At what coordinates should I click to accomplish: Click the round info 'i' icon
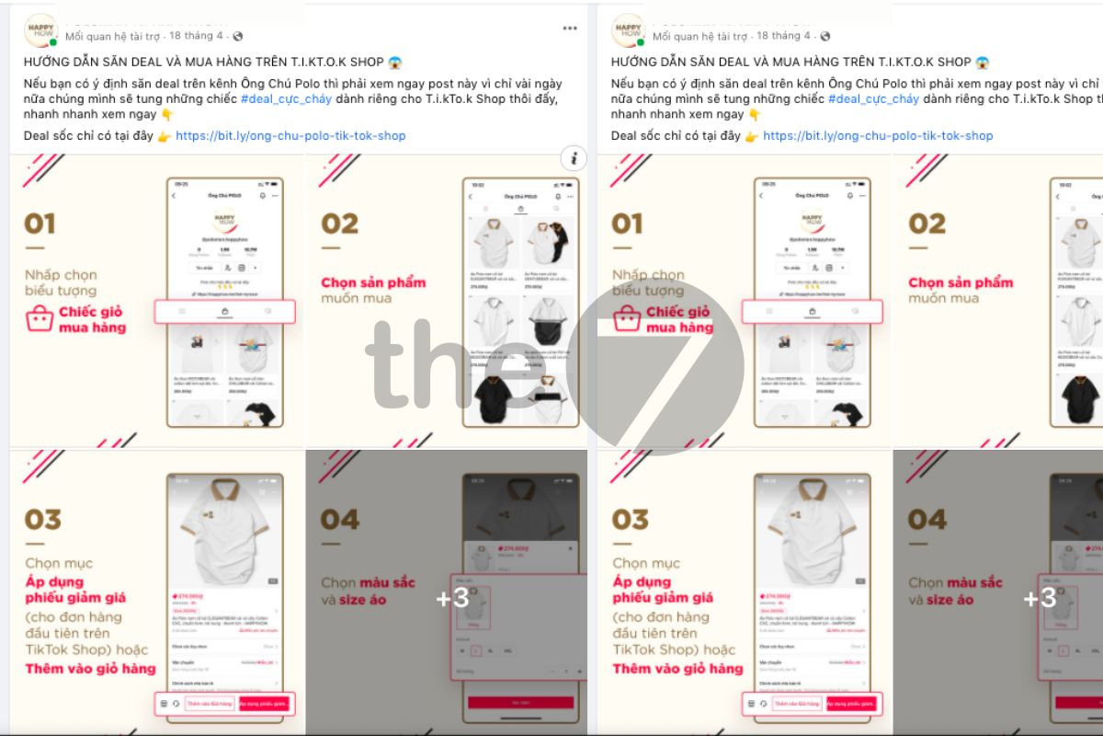[x=574, y=158]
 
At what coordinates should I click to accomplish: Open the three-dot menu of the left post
[x=570, y=29]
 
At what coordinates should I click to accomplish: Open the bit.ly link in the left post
[x=290, y=135]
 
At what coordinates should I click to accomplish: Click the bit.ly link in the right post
[x=878, y=135]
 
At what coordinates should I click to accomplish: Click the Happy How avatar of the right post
[x=629, y=30]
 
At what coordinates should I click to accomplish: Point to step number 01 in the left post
[x=40, y=224]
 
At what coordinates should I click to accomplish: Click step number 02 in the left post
[x=339, y=224]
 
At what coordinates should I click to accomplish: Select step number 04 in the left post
[x=339, y=520]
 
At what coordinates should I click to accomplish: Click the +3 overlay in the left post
[x=452, y=598]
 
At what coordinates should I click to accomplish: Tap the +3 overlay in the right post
[x=1040, y=598]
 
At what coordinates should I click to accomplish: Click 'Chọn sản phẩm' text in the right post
[x=961, y=282]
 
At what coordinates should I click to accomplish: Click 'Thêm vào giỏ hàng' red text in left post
[x=90, y=669]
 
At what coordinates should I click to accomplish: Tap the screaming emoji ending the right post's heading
[x=983, y=62]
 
